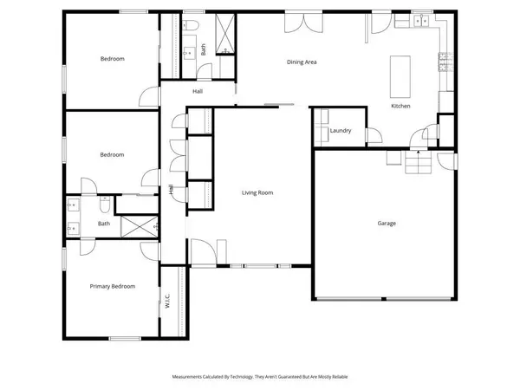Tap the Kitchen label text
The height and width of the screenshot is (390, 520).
click(x=400, y=106)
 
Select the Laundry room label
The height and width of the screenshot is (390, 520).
click(x=340, y=131)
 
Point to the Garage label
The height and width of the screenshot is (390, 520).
click(x=387, y=223)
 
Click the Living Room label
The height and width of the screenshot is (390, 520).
click(x=257, y=192)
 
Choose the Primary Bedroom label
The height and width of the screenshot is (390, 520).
click(x=113, y=285)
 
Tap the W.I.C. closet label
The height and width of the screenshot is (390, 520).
click(x=167, y=302)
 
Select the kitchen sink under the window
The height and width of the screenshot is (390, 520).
click(x=422, y=22)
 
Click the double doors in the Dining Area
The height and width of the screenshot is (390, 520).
click(x=296, y=23)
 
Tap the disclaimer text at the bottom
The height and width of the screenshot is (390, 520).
click(x=259, y=377)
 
